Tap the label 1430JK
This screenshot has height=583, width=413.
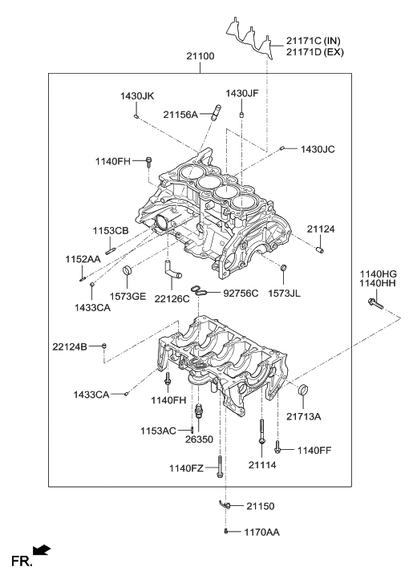pyautogui.click(x=136, y=96)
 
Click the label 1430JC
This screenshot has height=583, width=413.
pyautogui.click(x=318, y=149)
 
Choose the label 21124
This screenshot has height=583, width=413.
pyautogui.click(x=322, y=229)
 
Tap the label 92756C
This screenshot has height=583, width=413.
pyautogui.click(x=241, y=294)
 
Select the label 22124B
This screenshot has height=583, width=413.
pyautogui.click(x=70, y=346)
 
